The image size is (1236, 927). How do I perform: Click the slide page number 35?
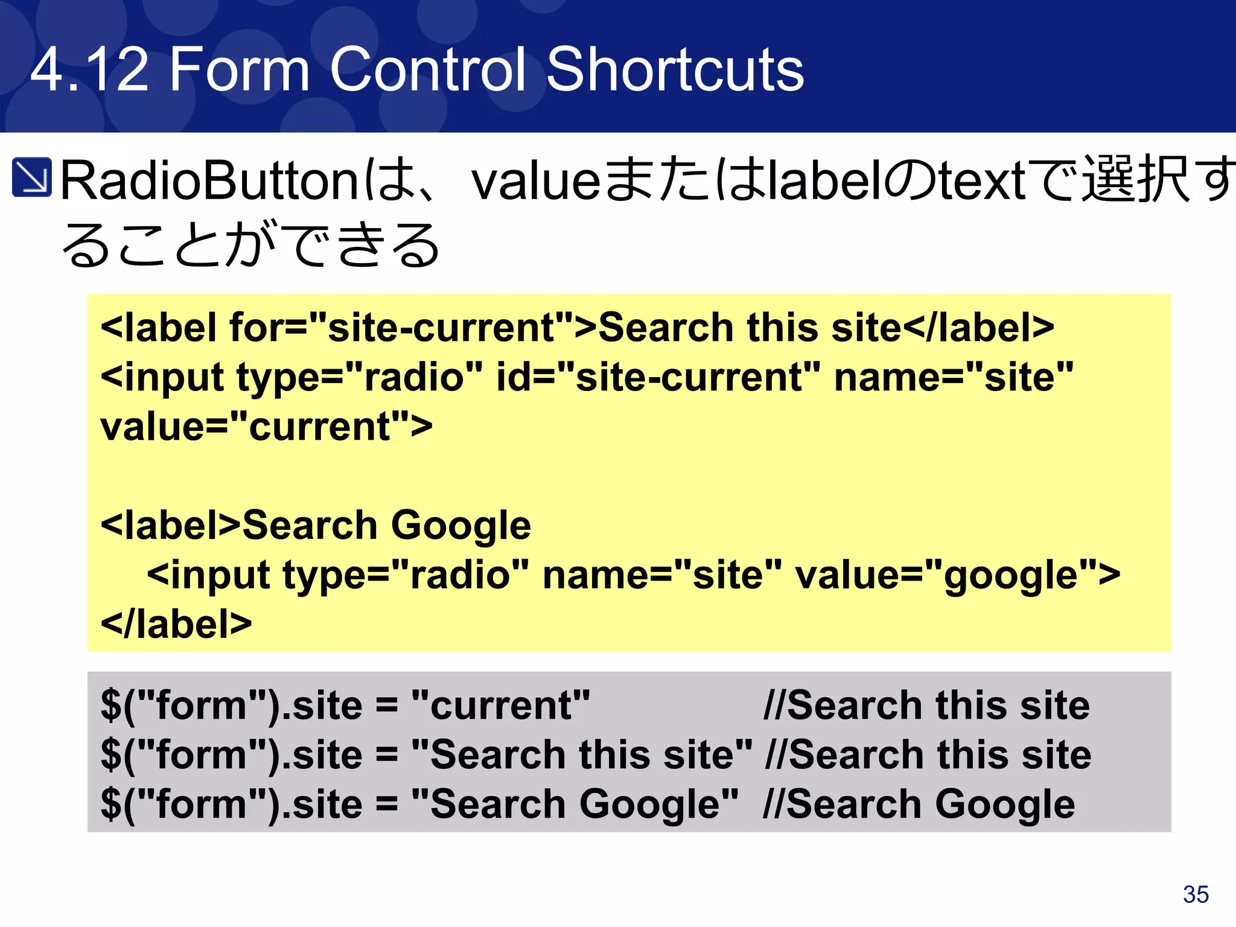click(1196, 894)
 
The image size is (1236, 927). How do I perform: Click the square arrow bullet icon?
click(32, 177)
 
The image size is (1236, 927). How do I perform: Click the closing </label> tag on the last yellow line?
click(176, 623)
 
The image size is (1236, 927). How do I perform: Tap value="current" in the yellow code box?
click(266, 426)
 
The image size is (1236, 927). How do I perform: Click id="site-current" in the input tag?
click(658, 377)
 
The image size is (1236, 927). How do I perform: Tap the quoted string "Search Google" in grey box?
click(575, 804)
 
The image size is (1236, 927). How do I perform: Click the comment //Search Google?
click(919, 804)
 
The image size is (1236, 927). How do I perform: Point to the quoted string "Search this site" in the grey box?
click(582, 754)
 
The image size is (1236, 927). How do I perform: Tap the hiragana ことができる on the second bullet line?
click(278, 244)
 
